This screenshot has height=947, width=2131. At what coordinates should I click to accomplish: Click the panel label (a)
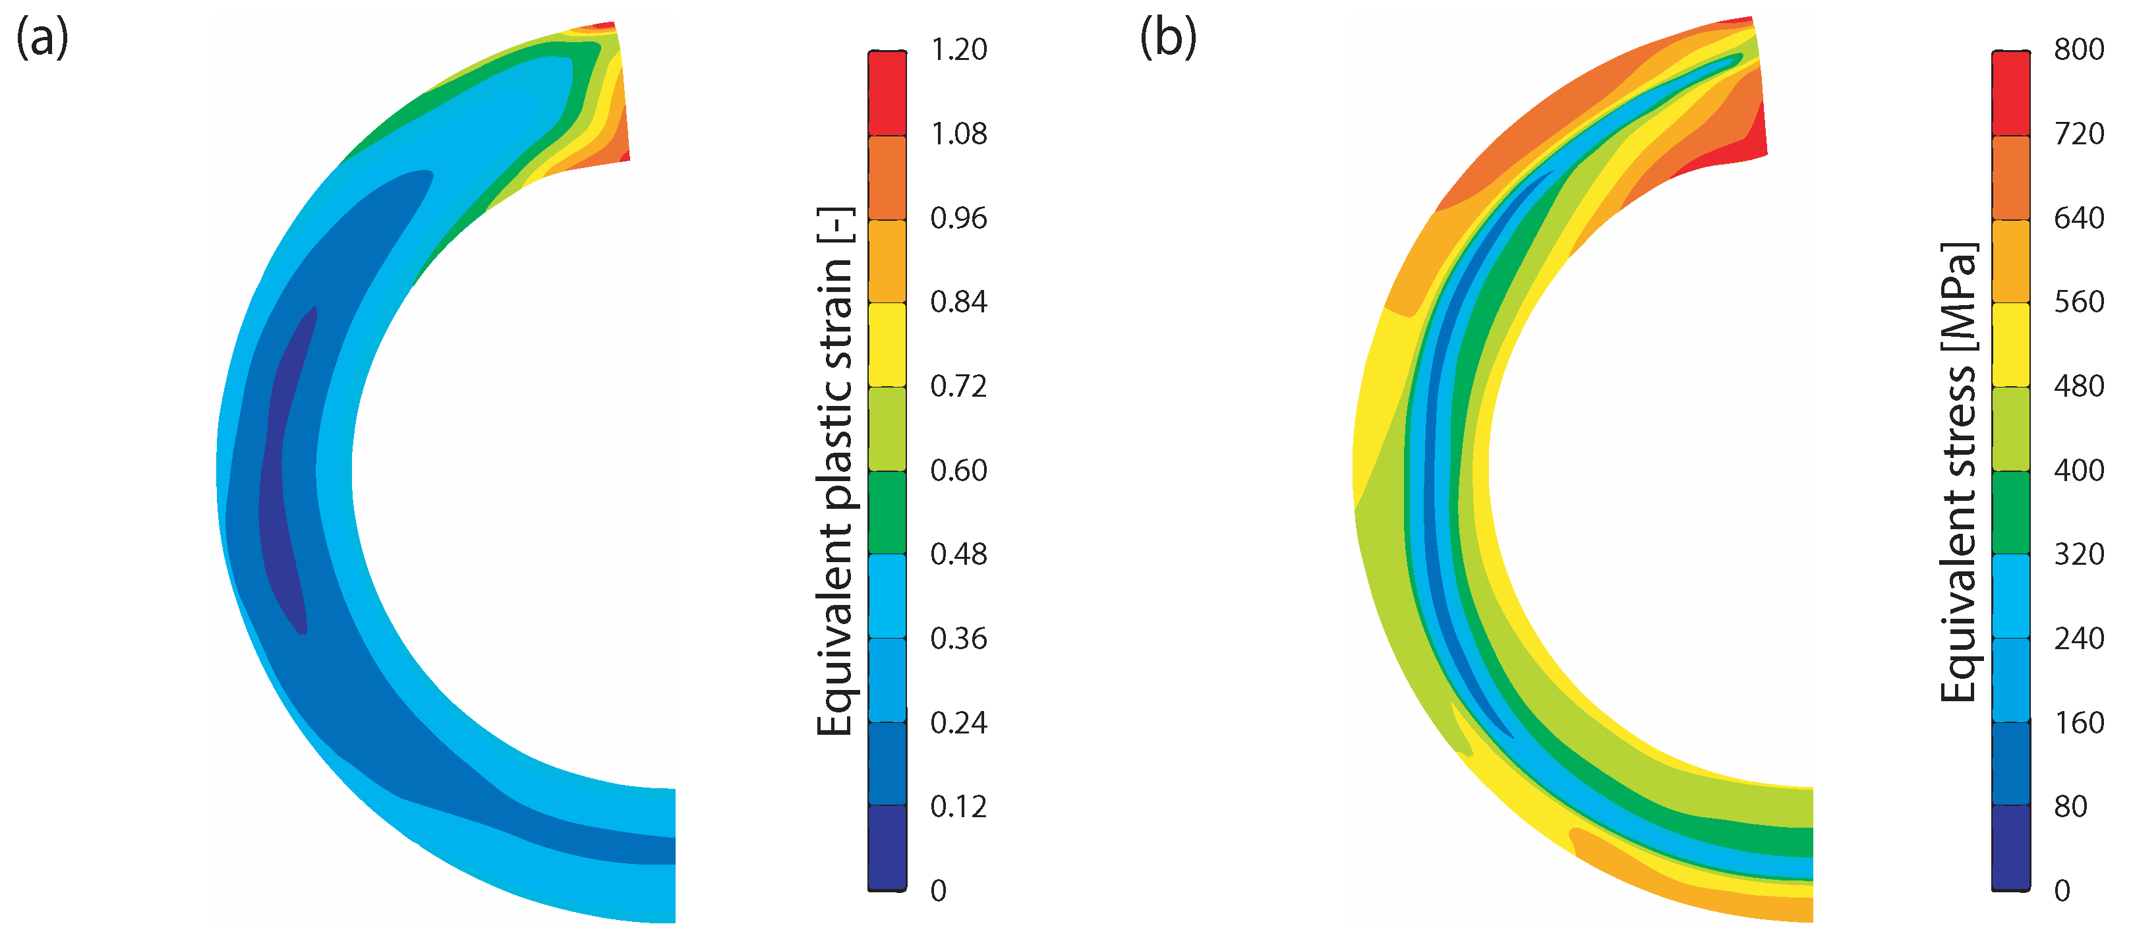coord(42,39)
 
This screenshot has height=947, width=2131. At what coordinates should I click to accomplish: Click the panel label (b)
coord(1167,39)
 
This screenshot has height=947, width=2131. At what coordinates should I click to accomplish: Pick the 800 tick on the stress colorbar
coord(2079,49)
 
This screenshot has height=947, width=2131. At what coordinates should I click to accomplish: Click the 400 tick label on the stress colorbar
coord(2079,471)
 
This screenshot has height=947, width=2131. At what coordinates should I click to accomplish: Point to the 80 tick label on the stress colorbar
coord(2070,807)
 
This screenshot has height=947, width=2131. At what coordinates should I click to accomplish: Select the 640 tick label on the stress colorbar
coord(2079,218)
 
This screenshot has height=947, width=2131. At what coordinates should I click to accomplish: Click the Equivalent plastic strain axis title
coord(834,471)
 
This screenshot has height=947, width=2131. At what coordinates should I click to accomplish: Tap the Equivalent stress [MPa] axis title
coord(1958,471)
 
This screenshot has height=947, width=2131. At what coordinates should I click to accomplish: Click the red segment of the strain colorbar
coord(887,93)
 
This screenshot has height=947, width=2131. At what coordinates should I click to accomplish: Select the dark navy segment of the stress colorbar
coord(2010,847)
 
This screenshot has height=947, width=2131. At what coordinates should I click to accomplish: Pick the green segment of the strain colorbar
coord(887,513)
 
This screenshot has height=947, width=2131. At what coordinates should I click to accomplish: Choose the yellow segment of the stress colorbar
coord(2010,345)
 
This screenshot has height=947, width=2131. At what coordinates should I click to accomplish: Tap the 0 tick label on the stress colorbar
coord(2062,891)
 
